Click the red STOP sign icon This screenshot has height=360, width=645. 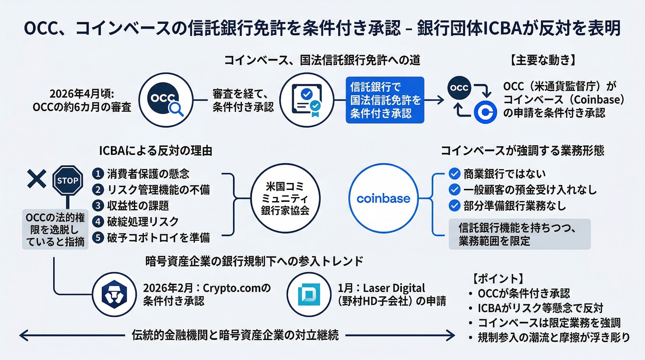[68, 181]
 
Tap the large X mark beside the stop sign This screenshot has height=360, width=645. [37, 179]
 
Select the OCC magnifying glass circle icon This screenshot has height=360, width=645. [166, 100]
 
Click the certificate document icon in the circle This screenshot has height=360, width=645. [307, 100]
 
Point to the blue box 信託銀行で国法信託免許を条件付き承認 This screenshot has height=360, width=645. [385, 100]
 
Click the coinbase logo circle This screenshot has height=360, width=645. [383, 198]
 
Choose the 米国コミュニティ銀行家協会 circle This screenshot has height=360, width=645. [285, 198]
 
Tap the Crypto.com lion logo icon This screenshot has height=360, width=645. [114, 294]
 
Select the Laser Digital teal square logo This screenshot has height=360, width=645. [309, 294]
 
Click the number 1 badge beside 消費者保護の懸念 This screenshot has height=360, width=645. [98, 174]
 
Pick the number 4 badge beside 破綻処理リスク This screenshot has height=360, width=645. [98, 221]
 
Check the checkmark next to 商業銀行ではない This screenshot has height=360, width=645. [454, 174]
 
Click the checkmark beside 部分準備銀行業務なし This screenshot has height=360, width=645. [454, 206]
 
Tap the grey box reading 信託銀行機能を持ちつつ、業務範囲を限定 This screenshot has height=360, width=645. [519, 234]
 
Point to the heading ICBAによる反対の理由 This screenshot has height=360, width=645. [156, 151]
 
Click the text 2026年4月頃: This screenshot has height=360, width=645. [82, 94]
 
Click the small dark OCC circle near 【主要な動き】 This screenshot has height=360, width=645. [459, 88]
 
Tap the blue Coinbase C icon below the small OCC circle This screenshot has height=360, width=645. [485, 112]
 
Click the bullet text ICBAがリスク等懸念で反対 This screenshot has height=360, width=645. [540, 308]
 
